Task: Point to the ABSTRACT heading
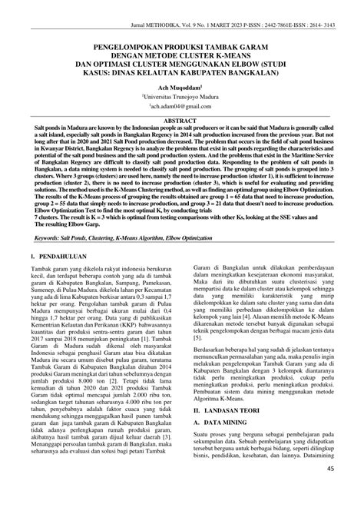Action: pos(182,121)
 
